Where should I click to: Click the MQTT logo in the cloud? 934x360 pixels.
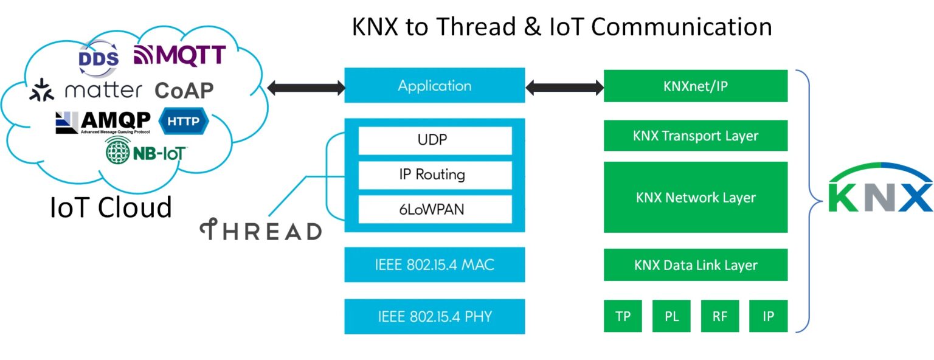[179, 55]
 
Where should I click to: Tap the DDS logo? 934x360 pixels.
[99, 58]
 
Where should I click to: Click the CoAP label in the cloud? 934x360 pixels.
[184, 91]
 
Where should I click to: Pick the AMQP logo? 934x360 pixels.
[103, 122]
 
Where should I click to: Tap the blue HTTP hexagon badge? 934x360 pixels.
[183, 122]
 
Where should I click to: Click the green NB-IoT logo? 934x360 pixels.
[146, 152]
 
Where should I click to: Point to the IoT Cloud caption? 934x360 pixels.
[111, 207]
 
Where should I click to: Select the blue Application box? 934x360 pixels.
[434, 86]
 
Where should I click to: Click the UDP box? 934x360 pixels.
[434, 140]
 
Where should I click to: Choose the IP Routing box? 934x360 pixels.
[434, 175]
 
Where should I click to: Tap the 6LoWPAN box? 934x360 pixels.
[434, 209]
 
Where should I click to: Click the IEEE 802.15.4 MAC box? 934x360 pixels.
[434, 265]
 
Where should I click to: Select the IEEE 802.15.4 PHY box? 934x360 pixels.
[434, 316]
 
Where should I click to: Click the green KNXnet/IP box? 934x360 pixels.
[695, 86]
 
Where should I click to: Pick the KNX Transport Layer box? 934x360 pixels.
[695, 136]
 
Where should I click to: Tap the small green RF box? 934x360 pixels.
[719, 316]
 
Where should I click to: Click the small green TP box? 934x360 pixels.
[623, 316]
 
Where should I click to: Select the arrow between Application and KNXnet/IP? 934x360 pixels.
[564, 88]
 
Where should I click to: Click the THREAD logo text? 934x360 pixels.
[261, 231]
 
